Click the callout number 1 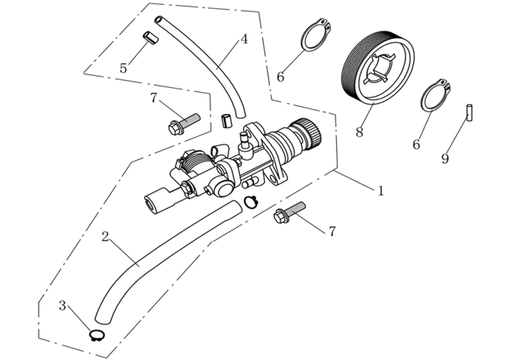click(x=380, y=191)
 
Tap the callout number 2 click(x=105, y=236)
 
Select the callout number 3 click(x=62, y=305)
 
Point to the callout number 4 click(x=244, y=39)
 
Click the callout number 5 click(x=124, y=68)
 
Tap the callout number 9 click(x=445, y=158)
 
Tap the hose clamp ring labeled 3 click(x=97, y=335)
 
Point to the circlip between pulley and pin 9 click(x=437, y=94)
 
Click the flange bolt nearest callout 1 click(x=289, y=212)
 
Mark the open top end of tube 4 click(x=158, y=20)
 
